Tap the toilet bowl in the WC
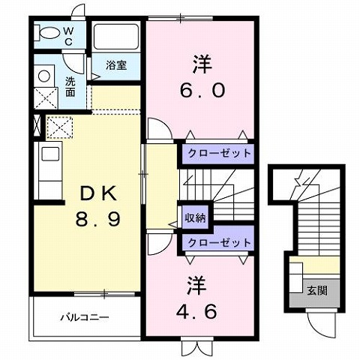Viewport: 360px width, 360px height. [x=49, y=33]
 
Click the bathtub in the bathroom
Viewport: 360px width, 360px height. [x=117, y=37]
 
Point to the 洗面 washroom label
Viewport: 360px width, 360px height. [x=70, y=86]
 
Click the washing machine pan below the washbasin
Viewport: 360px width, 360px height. [x=44, y=97]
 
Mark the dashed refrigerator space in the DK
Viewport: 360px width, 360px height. [x=58, y=127]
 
